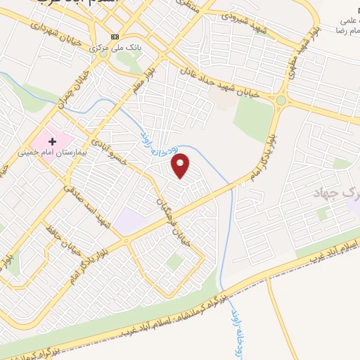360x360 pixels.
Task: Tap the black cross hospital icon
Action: [x=53, y=141]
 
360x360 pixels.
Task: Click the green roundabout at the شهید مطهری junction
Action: [x=281, y=101]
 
